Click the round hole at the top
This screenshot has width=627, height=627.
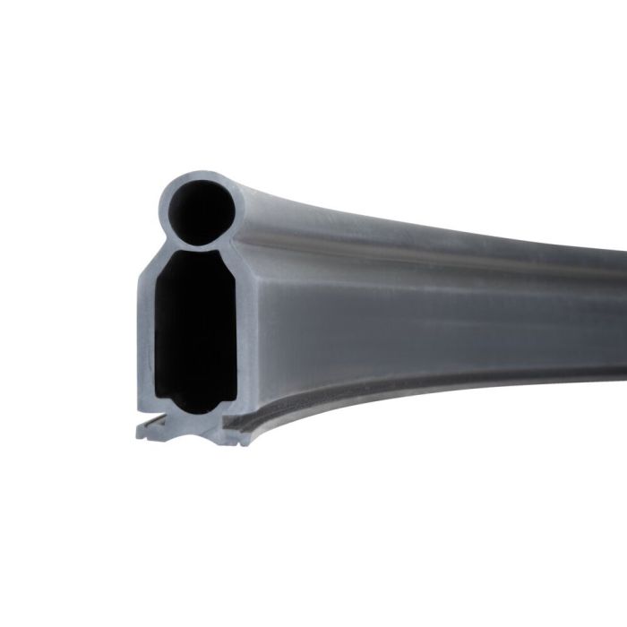[200, 211]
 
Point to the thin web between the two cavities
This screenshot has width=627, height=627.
[199, 246]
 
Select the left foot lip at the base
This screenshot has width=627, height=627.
[150, 431]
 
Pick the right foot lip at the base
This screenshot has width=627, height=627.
[236, 434]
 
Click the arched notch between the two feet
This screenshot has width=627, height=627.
[192, 428]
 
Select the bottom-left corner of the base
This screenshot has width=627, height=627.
[139, 436]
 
